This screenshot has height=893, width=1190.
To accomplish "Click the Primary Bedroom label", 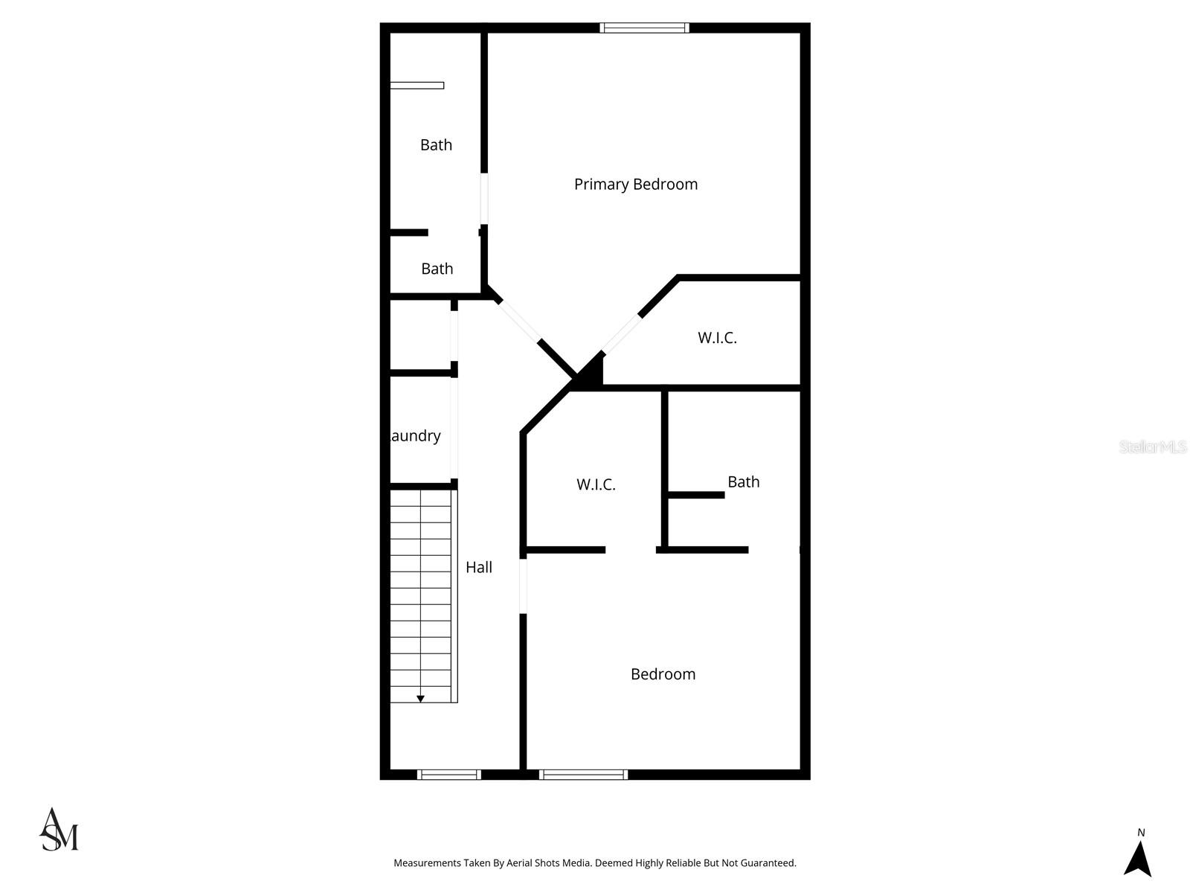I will [x=636, y=185].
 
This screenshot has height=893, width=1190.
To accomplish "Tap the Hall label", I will [x=479, y=568].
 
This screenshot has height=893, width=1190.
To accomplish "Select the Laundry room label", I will [x=415, y=436].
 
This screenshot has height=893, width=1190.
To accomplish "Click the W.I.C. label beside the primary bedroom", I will [x=717, y=338].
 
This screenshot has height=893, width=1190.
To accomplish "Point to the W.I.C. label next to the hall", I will [x=596, y=485].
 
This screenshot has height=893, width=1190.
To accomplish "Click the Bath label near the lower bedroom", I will [x=743, y=482].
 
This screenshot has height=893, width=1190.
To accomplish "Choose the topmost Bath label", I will [x=436, y=145].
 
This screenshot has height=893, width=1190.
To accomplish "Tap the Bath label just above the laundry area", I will [x=437, y=269].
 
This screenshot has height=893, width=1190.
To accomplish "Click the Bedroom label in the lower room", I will [x=663, y=674].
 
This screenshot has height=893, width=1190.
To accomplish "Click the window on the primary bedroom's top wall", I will [x=644, y=28].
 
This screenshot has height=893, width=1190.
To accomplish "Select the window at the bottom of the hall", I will [x=448, y=775].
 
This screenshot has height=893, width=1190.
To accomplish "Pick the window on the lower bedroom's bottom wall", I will [x=583, y=775].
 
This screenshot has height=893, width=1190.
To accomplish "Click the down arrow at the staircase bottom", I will [x=420, y=699].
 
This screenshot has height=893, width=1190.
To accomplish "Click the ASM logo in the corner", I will [x=59, y=830].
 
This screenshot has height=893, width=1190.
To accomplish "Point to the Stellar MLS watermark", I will [x=1153, y=447].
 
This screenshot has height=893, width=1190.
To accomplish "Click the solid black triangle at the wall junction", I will [x=591, y=372].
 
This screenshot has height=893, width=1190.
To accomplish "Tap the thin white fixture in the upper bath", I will [x=417, y=86].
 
